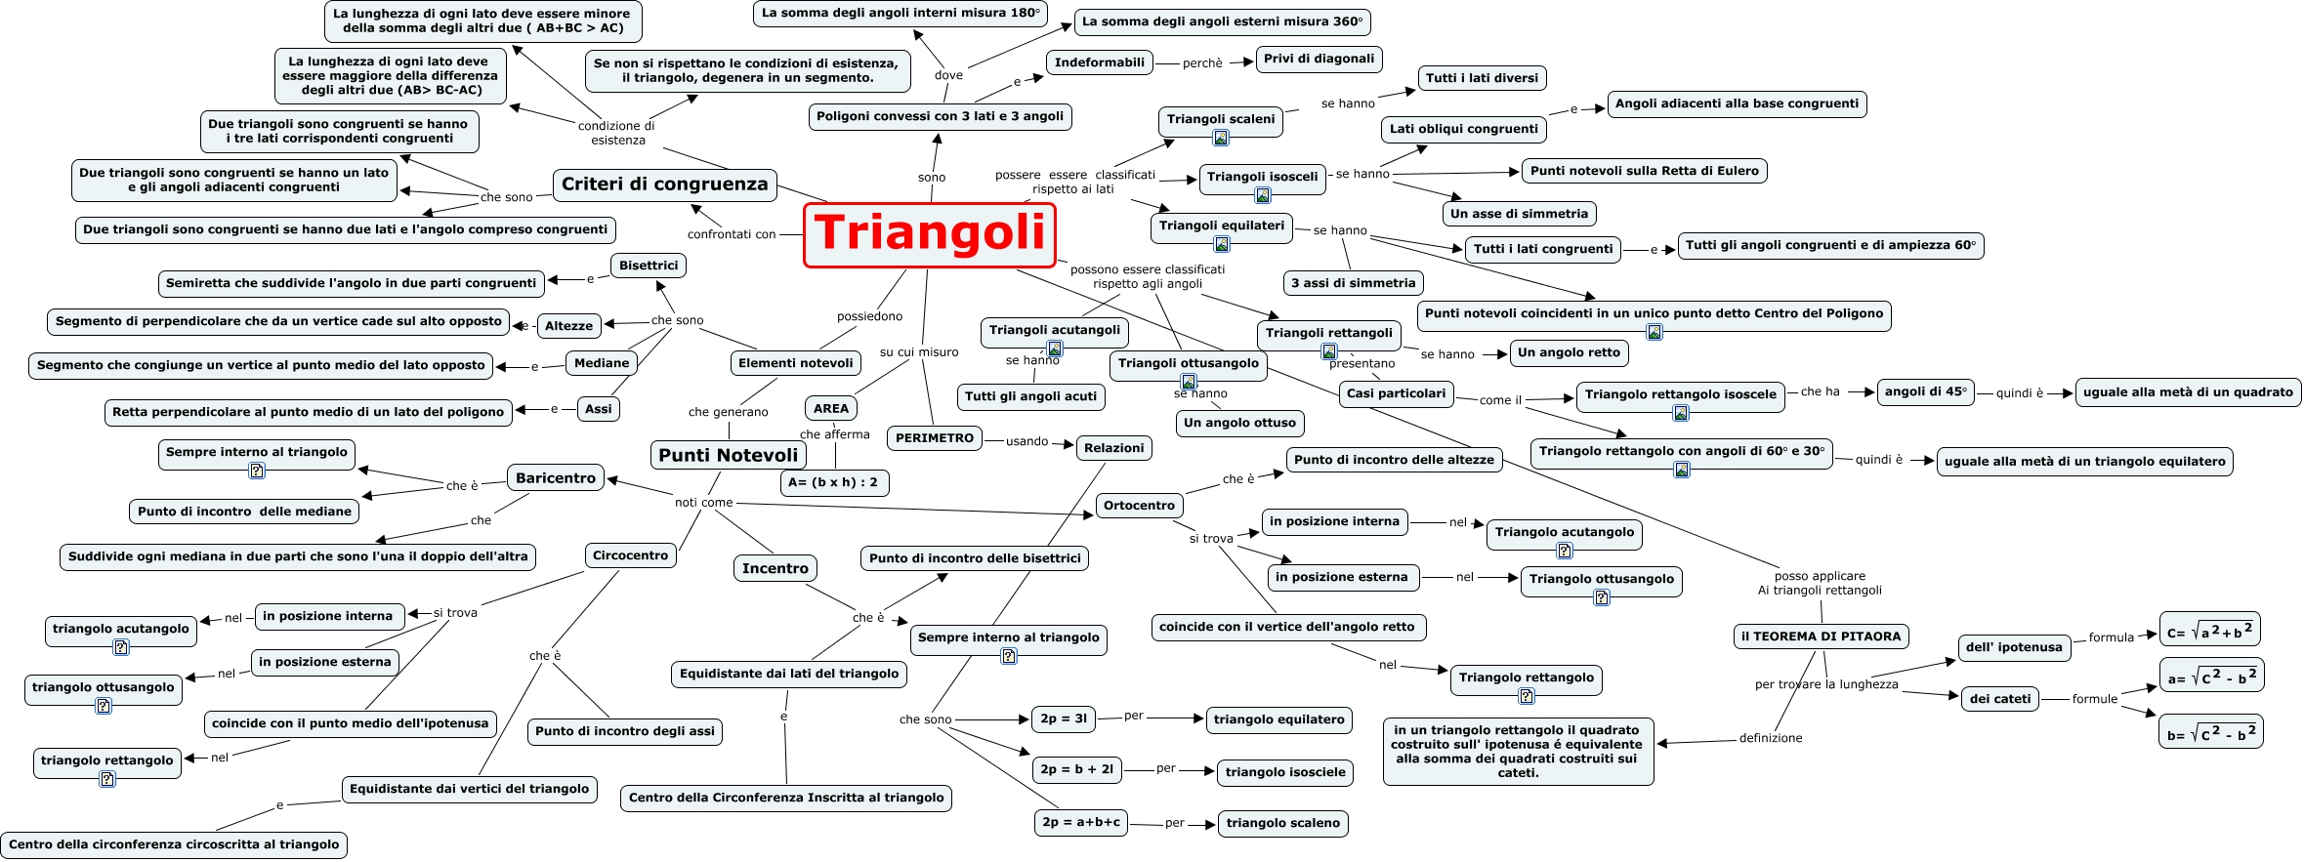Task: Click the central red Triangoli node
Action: (x=929, y=234)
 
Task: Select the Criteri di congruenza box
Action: (x=664, y=185)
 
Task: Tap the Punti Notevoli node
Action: (x=728, y=455)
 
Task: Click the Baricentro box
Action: (x=555, y=478)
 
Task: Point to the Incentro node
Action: (x=775, y=568)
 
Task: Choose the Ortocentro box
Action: (x=1139, y=506)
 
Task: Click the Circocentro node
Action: (x=630, y=555)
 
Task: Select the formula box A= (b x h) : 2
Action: (x=833, y=482)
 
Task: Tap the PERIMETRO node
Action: (x=935, y=438)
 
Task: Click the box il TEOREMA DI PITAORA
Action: (x=1821, y=636)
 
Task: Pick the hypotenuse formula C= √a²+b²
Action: (x=2209, y=632)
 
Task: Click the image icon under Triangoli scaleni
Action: (x=1221, y=139)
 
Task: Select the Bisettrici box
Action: (x=649, y=266)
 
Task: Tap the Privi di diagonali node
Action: (x=1319, y=59)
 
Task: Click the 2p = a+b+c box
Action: (x=1081, y=823)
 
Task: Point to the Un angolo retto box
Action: (x=1569, y=352)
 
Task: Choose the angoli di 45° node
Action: (x=1925, y=391)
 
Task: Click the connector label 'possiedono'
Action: (x=869, y=316)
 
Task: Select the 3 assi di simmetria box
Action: (x=1353, y=283)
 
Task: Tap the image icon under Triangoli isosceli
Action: (x=1263, y=195)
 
